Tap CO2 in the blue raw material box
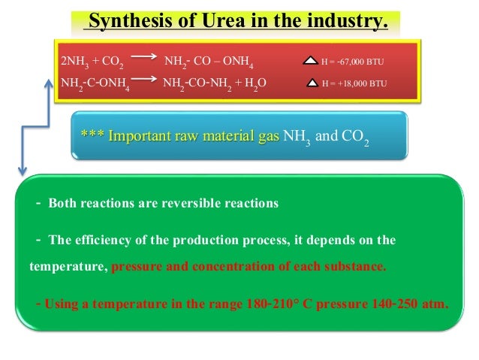[x=355, y=138]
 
